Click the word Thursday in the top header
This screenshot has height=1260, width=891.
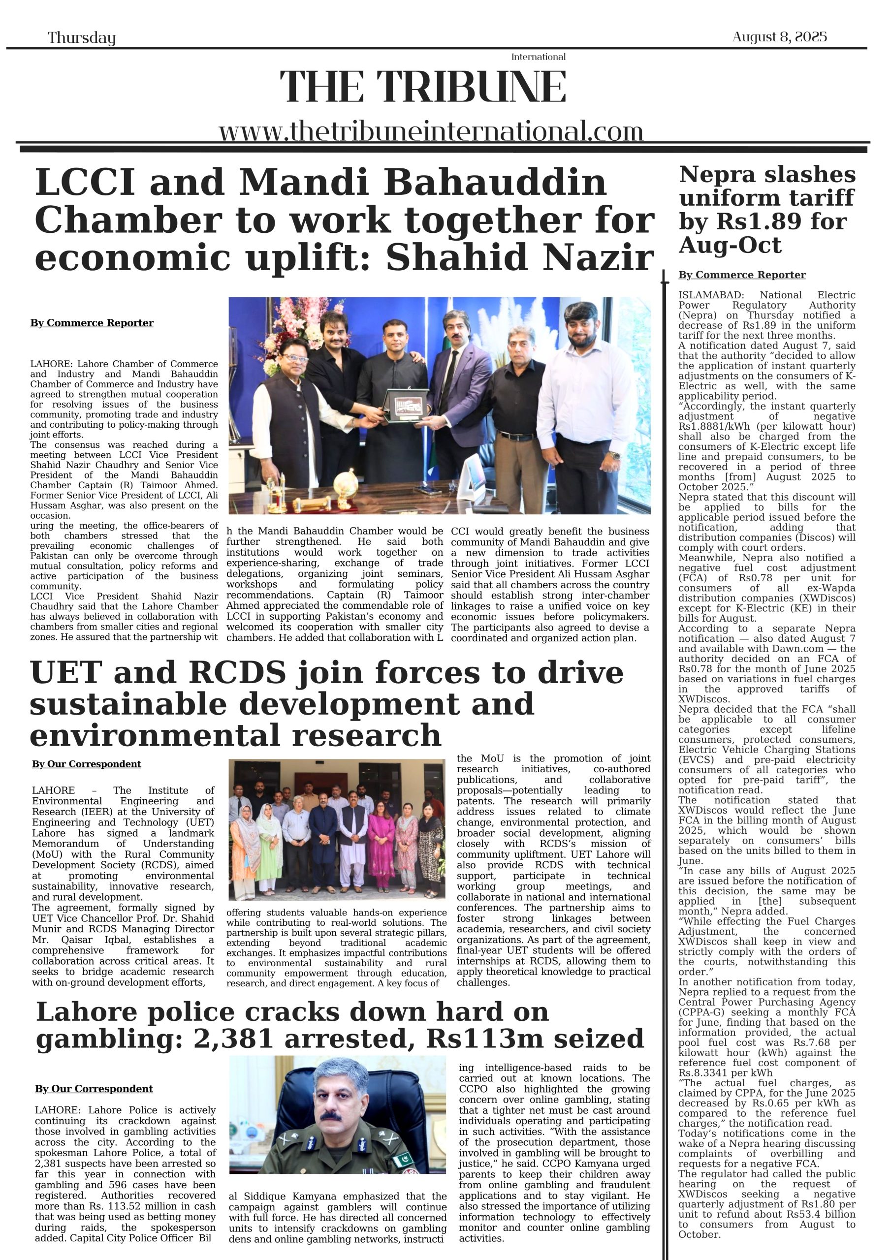click(82, 38)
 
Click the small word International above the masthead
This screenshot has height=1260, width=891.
click(538, 57)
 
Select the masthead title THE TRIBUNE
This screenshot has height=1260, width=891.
click(423, 87)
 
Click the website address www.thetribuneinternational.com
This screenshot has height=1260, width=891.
click(431, 132)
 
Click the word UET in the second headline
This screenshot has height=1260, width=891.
click(65, 673)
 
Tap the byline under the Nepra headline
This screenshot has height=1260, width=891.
click(742, 275)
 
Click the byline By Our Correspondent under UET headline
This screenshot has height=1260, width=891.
click(86, 764)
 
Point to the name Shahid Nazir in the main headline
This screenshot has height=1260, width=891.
click(520, 257)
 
